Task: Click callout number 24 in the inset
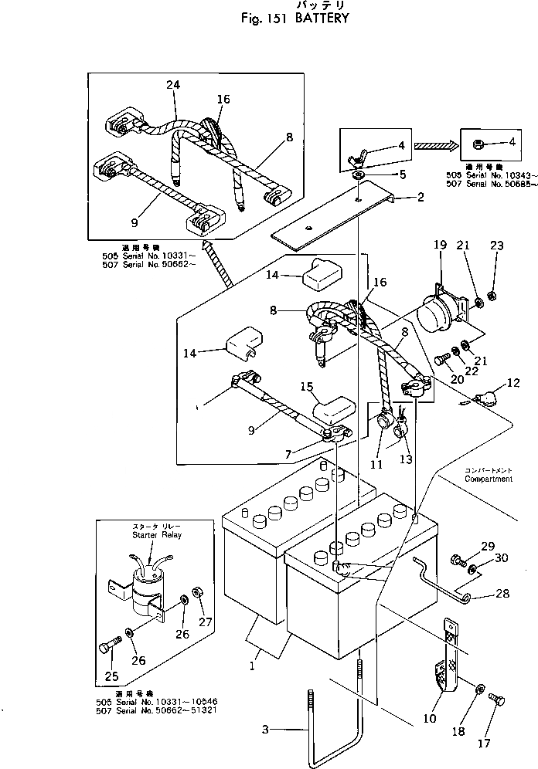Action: (172, 86)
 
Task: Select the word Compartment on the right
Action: (489, 479)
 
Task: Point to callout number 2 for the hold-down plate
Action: (420, 198)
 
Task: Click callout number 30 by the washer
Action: (499, 558)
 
